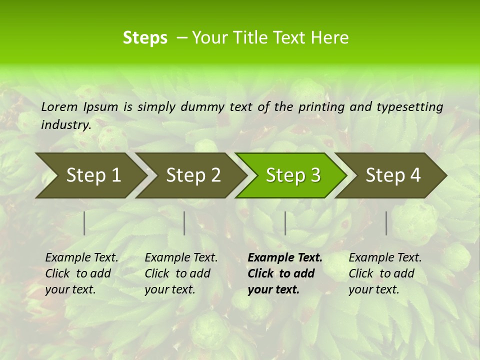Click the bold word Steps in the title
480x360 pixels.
(x=145, y=38)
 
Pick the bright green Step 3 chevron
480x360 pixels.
(x=293, y=175)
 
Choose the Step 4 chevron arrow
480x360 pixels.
(x=393, y=175)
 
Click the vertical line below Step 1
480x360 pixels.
(x=84, y=223)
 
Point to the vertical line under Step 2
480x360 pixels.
(x=184, y=223)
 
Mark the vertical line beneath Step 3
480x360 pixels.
(x=285, y=223)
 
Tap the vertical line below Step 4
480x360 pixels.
(x=386, y=223)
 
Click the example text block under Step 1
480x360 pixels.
(x=81, y=273)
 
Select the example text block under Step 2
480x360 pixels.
(x=181, y=273)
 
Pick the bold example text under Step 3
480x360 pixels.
(x=285, y=273)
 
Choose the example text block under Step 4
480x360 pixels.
(x=385, y=273)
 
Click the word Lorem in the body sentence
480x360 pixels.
(x=59, y=106)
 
